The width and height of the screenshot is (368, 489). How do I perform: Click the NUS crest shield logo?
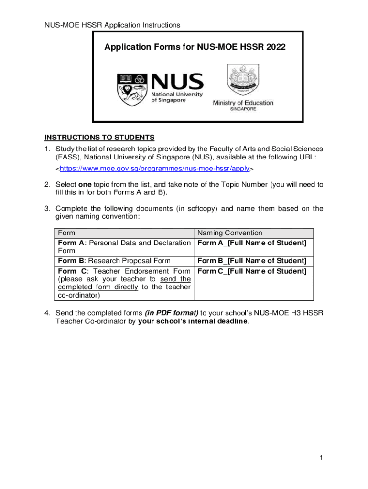(132, 90)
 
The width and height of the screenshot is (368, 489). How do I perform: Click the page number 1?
(322, 458)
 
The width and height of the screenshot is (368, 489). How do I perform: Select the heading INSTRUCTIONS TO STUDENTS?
(99, 138)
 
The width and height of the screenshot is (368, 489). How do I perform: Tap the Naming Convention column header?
(230, 233)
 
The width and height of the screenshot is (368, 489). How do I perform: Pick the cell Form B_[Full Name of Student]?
(252, 261)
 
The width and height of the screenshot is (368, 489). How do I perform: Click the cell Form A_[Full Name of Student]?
(252, 243)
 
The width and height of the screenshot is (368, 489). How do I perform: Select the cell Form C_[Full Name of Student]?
(252, 271)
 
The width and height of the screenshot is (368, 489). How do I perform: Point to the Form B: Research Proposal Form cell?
(114, 261)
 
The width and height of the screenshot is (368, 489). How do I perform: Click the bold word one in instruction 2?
(85, 184)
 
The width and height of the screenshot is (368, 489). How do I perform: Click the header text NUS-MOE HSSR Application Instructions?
(112, 25)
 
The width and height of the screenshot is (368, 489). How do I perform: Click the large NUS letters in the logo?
(177, 83)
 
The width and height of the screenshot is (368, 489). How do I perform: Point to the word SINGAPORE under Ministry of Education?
(243, 109)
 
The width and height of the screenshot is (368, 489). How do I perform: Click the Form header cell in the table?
(66, 233)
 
